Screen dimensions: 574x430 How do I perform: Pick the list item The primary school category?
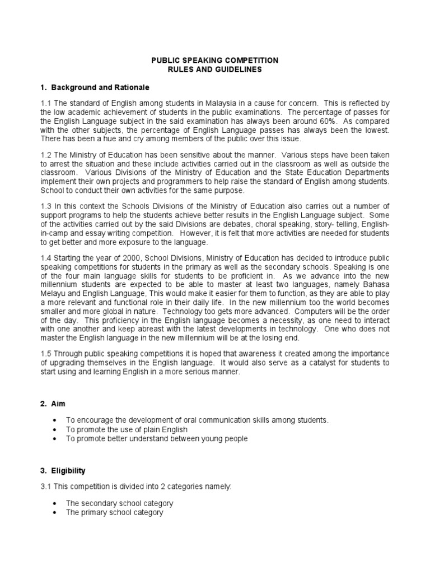click(114, 512)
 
